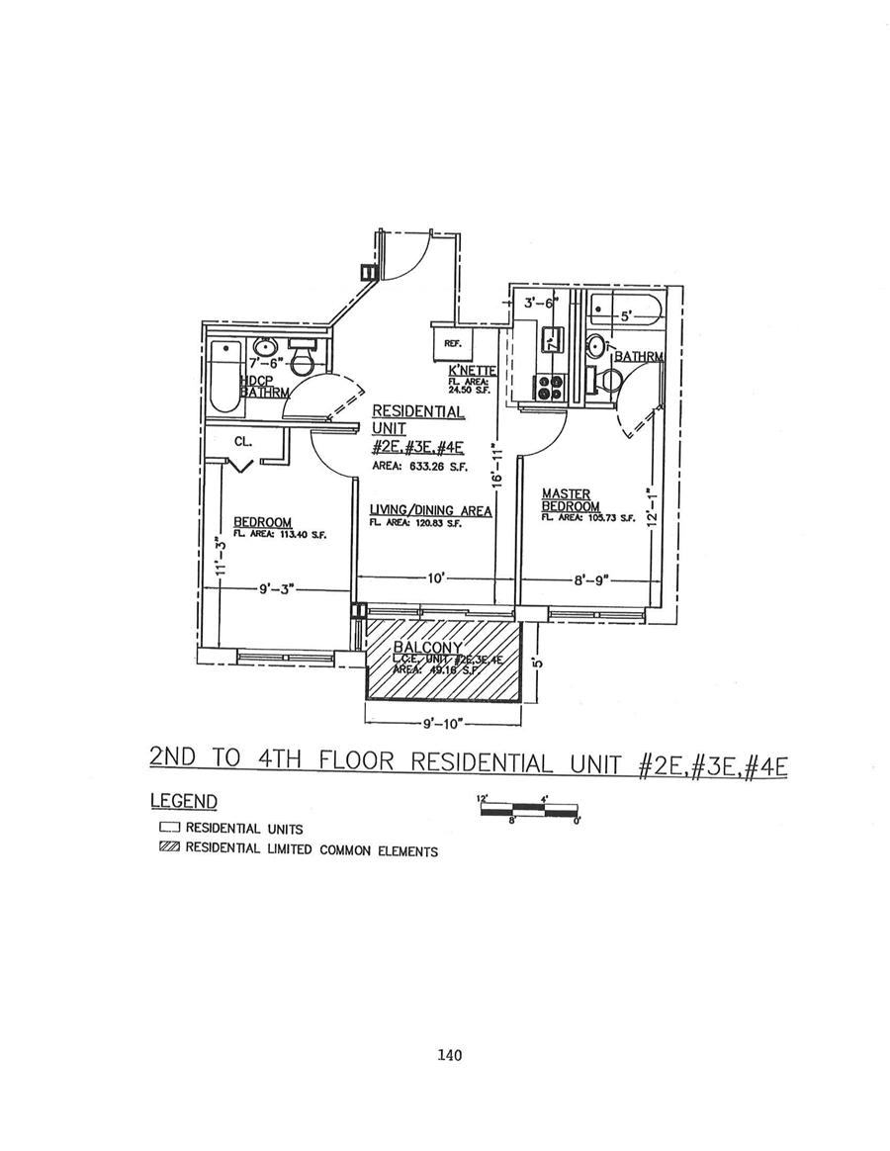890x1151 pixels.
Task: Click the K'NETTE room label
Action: (466, 370)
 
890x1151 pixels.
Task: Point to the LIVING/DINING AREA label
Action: (430, 510)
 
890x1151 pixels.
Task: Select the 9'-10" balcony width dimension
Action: (444, 724)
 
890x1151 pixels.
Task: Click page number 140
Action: (449, 1055)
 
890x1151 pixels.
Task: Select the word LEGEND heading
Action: (184, 800)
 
